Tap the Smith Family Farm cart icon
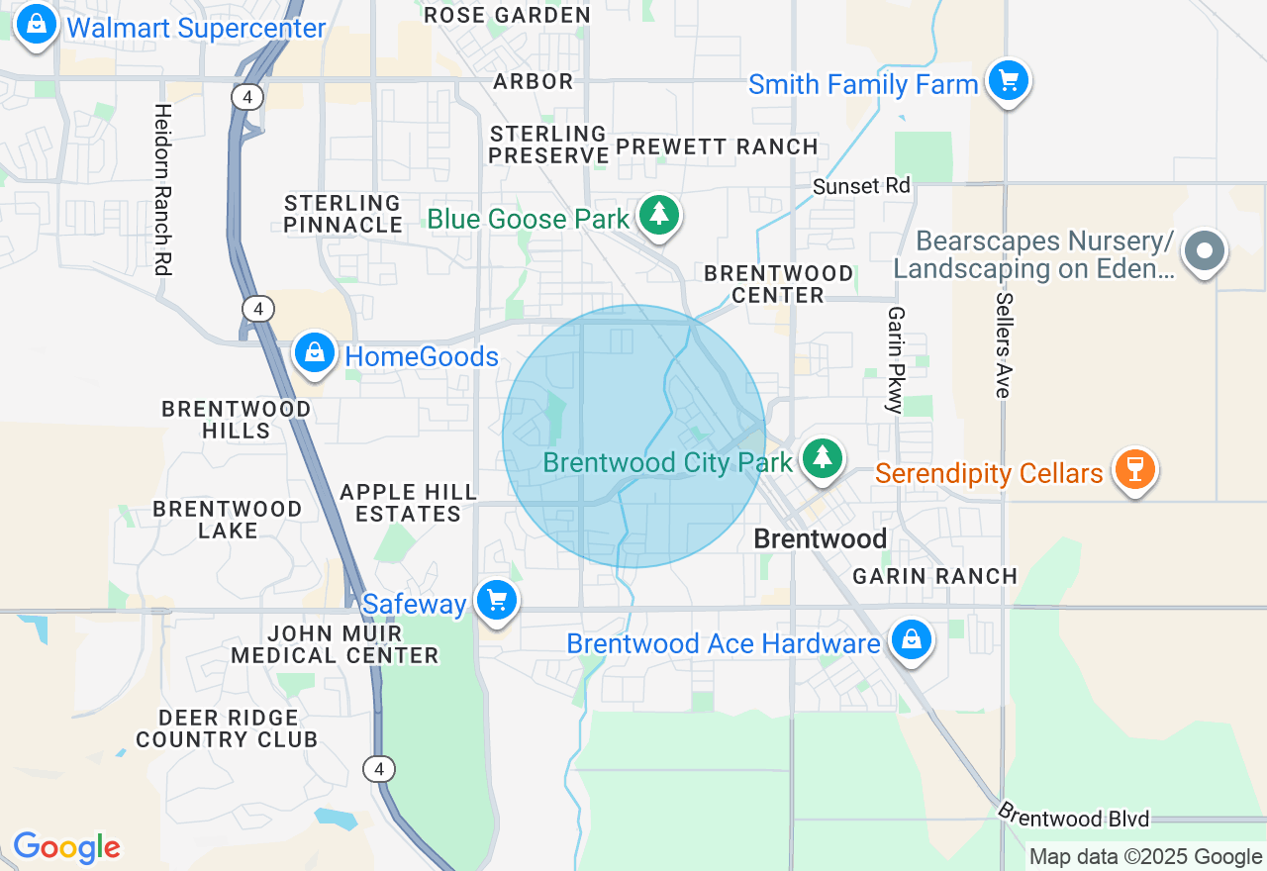click(x=1008, y=81)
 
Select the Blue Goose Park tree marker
click(x=658, y=215)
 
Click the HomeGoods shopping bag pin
click(x=315, y=352)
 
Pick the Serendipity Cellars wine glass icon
click(x=1134, y=469)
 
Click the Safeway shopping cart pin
click(x=496, y=600)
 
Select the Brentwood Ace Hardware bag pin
click(x=911, y=640)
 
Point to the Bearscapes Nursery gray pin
click(x=1204, y=250)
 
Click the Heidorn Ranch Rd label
click(x=163, y=188)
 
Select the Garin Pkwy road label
click(x=896, y=359)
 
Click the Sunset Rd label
click(x=861, y=186)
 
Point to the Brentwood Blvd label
click(x=1073, y=817)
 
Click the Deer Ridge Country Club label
click(x=227, y=728)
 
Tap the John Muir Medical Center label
click(x=335, y=644)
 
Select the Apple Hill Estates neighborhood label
click(x=408, y=503)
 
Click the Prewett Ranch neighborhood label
click(x=717, y=147)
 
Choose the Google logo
click(x=66, y=847)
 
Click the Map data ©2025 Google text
click(x=1145, y=857)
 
